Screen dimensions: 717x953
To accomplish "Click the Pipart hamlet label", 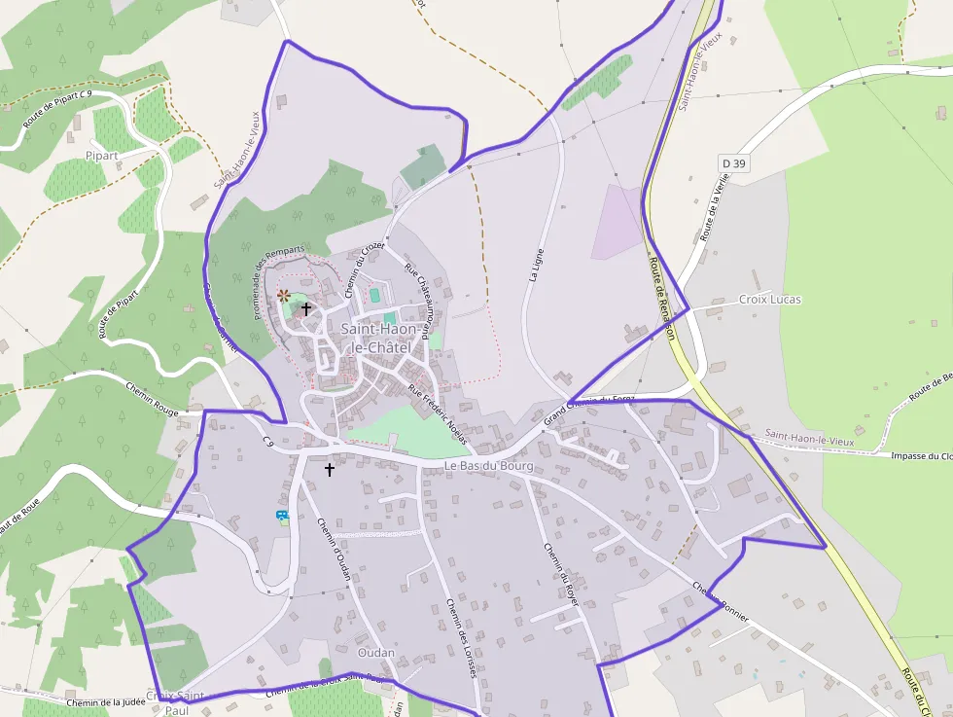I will tap(101, 155).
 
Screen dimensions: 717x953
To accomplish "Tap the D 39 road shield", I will tap(734, 163).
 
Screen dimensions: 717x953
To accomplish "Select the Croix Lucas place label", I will tap(770, 300).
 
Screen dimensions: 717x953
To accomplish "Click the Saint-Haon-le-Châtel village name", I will tap(382, 339).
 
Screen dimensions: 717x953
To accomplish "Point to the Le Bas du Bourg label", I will tap(489, 467).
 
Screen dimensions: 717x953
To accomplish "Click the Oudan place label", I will tap(376, 652).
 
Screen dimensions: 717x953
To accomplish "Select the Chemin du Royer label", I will tap(561, 575).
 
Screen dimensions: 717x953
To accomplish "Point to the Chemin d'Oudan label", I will tap(334, 549).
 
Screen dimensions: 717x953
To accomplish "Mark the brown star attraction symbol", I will tap(283, 295).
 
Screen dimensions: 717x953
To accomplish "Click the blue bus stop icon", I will tap(282, 516).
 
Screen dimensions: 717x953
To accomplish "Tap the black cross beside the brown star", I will tap(306, 309).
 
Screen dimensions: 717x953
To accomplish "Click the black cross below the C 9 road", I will tap(329, 470).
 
